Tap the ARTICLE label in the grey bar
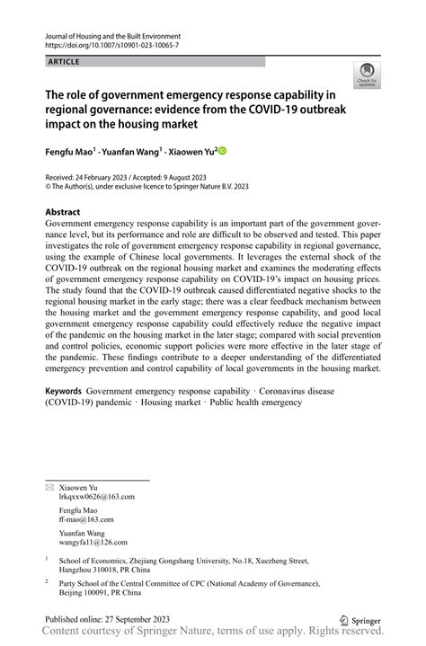tap(63, 62)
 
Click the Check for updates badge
tap(365, 76)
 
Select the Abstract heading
tap(64, 211)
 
